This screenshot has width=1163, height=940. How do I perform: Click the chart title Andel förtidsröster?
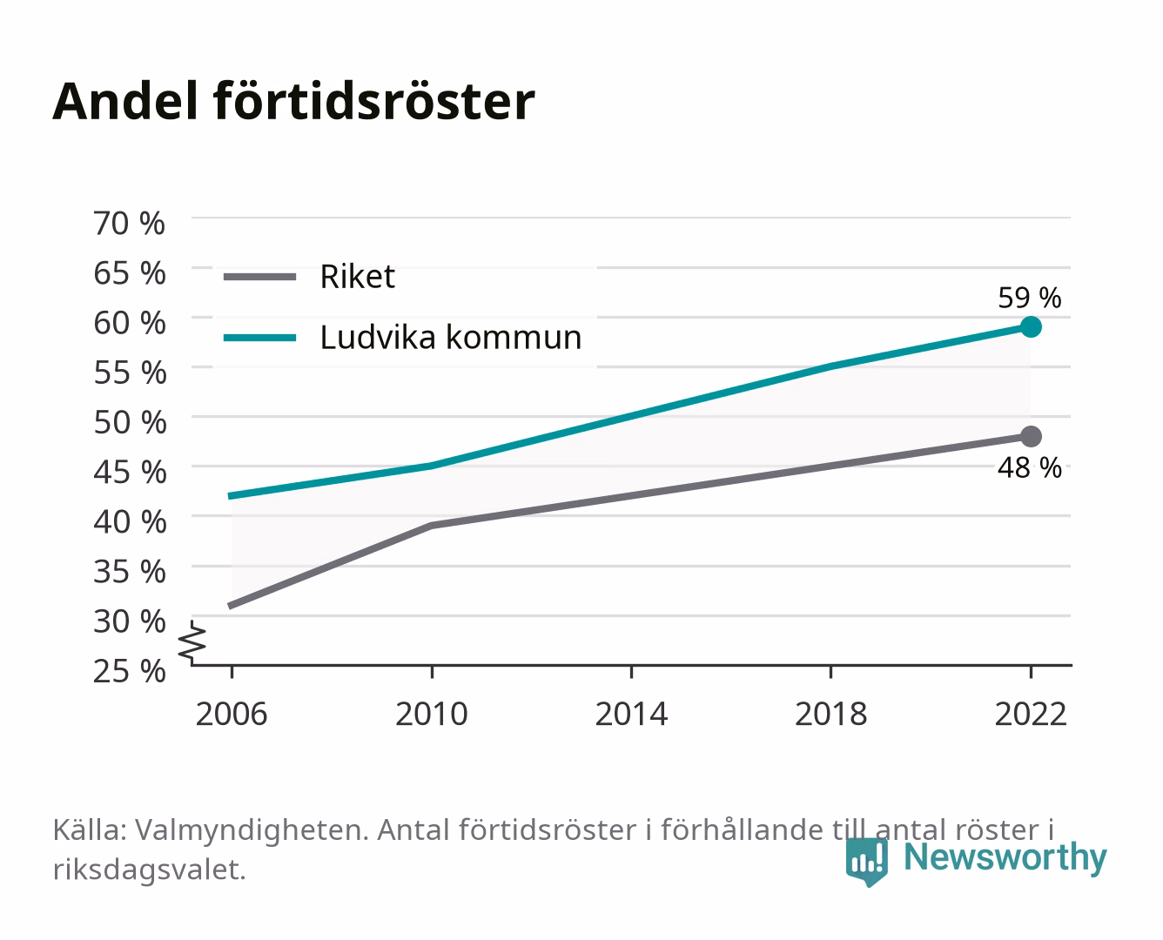(x=293, y=102)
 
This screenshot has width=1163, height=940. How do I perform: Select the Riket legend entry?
(x=309, y=277)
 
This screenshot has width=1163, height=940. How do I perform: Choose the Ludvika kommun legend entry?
(x=402, y=338)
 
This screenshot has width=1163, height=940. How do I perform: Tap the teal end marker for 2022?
(x=1031, y=327)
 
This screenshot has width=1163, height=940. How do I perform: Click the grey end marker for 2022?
(x=1031, y=437)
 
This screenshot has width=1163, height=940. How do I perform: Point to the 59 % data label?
(x=1030, y=298)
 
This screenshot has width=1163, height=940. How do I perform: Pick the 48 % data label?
(x=1030, y=467)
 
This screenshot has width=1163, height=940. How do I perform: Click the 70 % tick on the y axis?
(x=130, y=224)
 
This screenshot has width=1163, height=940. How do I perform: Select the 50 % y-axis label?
(x=130, y=422)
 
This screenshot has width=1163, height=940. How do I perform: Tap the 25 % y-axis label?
(x=130, y=671)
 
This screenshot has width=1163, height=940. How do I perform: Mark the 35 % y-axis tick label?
(x=130, y=572)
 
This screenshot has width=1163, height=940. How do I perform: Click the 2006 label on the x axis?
(x=232, y=714)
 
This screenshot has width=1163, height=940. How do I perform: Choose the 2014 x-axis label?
(x=631, y=714)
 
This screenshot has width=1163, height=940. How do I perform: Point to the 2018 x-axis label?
(x=831, y=714)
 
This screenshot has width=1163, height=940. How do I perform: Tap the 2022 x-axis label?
(x=1031, y=714)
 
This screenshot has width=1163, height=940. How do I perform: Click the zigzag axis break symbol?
(x=192, y=642)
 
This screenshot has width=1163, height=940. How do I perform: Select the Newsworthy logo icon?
(x=866, y=862)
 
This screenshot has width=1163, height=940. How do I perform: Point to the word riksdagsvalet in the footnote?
(x=149, y=869)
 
